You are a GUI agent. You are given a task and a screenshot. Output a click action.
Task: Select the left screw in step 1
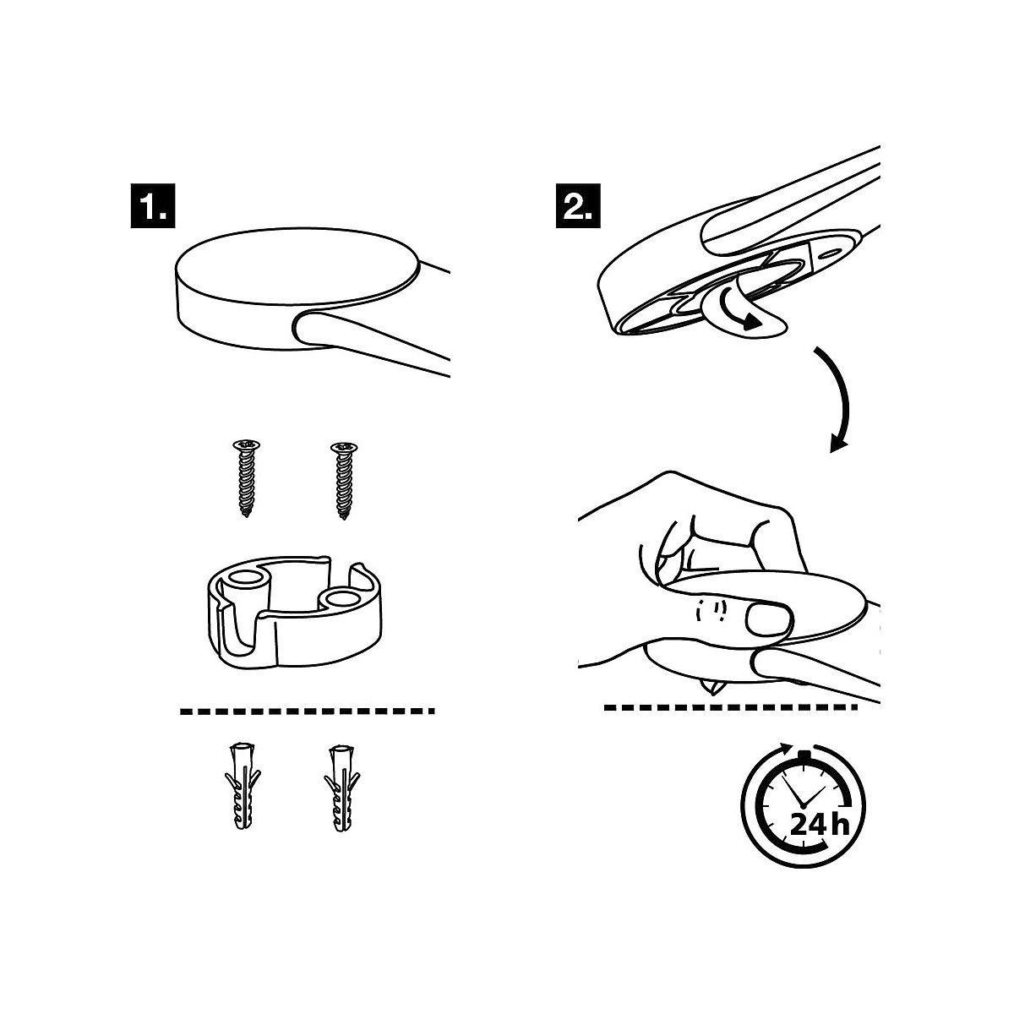click(248, 477)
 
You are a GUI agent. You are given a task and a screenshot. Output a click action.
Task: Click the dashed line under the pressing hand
click(732, 707)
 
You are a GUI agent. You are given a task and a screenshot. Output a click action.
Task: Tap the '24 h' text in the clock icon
click(818, 824)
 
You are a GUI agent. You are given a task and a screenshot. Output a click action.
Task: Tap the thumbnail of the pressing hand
click(768, 620)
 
